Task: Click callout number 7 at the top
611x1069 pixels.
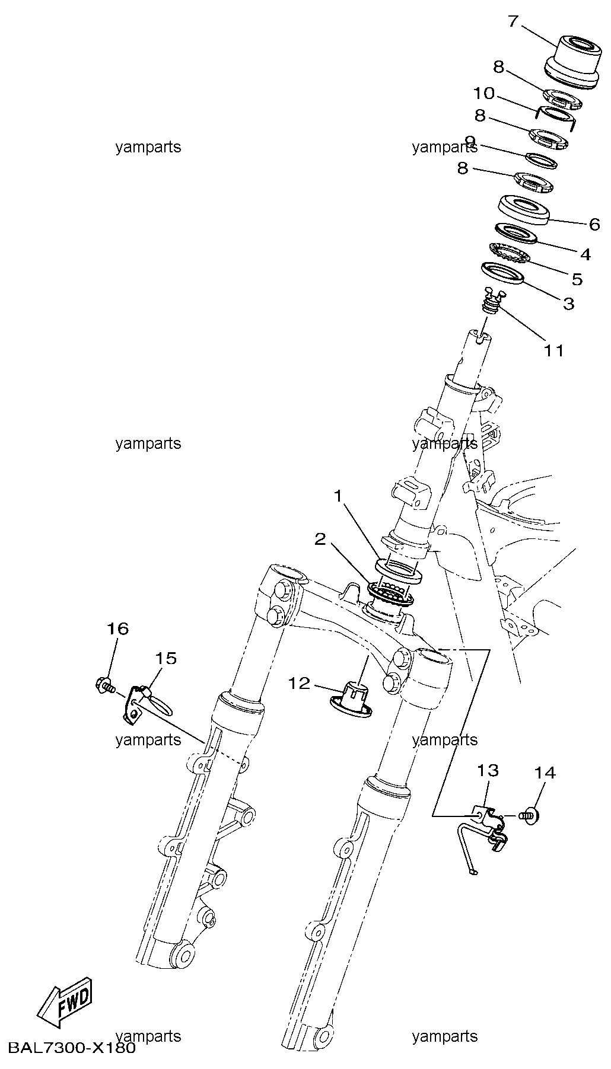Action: point(513,22)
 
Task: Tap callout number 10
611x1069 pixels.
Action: point(484,94)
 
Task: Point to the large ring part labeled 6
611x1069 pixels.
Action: point(524,210)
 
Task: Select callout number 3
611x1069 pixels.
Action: point(568,304)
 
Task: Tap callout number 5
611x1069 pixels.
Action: point(577,279)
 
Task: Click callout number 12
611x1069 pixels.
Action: point(300,684)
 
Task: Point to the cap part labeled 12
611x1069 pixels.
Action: point(351,699)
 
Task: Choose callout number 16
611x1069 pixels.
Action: point(117,628)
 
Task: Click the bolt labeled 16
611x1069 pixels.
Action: point(105,685)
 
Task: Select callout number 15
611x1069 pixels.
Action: point(167,658)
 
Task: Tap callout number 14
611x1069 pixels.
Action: point(545,773)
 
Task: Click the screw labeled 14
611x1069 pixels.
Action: point(530,816)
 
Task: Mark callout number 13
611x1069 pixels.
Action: point(488,771)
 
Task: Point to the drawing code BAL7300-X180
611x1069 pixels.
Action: point(72,1047)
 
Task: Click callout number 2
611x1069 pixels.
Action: point(320,538)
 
